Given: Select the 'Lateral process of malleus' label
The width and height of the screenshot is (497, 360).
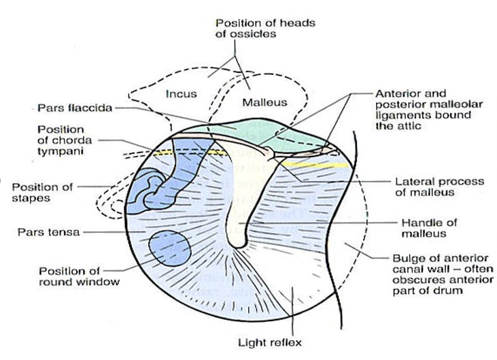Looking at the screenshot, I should [439, 188].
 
